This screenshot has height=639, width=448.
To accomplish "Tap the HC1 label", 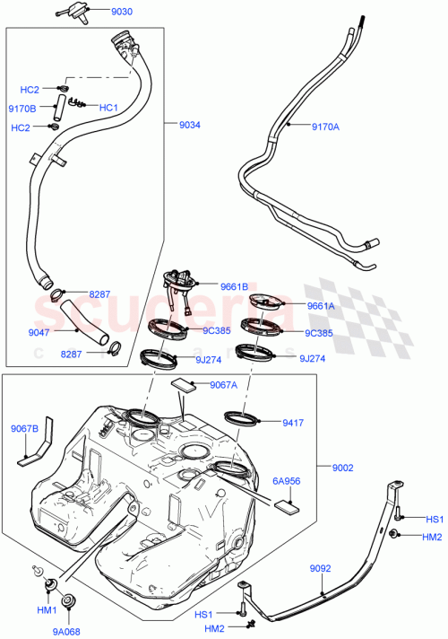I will pyautogui.click(x=108, y=108).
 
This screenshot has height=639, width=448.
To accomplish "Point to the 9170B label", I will pyautogui.click(x=22, y=109).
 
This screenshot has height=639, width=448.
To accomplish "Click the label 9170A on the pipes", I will pyautogui.click(x=326, y=127).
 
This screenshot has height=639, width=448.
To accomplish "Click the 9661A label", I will pyautogui.click(x=321, y=305).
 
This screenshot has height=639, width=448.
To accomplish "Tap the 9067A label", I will pyautogui.click(x=224, y=385).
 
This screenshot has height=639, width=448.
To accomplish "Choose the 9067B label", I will pyautogui.click(x=24, y=429).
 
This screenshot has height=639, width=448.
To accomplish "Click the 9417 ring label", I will pyautogui.click(x=294, y=421).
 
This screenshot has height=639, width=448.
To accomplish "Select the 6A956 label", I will pyautogui.click(x=287, y=480).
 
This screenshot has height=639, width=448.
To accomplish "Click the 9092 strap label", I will pyautogui.click(x=322, y=568).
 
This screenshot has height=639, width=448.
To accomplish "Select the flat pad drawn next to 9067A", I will pyautogui.click(x=184, y=385).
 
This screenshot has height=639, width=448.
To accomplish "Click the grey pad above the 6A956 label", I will pyautogui.click(x=286, y=503).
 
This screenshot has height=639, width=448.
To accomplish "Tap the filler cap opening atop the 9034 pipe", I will pyautogui.click(x=124, y=41).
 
